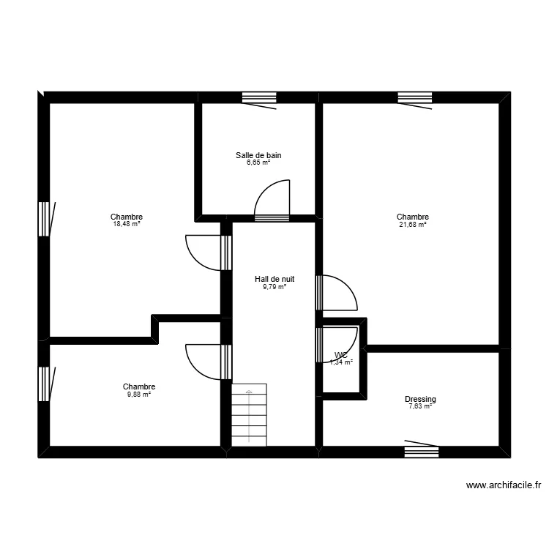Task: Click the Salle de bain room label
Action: pyautogui.click(x=258, y=155)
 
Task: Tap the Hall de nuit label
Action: pyautogui.click(x=274, y=279)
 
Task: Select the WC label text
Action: pyautogui.click(x=341, y=356)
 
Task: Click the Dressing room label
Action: pyautogui.click(x=420, y=399)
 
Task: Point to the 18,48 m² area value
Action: pyautogui.click(x=127, y=225)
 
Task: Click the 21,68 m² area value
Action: pyautogui.click(x=412, y=225)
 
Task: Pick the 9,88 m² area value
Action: pyautogui.click(x=138, y=395)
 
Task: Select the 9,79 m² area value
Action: pyautogui.click(x=274, y=287)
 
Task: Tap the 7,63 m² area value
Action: pyautogui.click(x=420, y=406)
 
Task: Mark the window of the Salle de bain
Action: pyautogui.click(x=259, y=97)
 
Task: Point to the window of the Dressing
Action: pyautogui.click(x=422, y=451)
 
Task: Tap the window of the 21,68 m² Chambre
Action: pyautogui.click(x=415, y=97)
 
